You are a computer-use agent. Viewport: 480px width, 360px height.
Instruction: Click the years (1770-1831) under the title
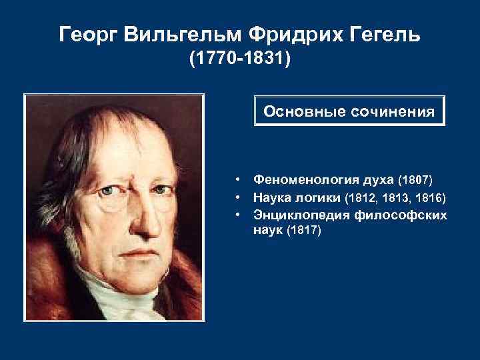[x=240, y=60]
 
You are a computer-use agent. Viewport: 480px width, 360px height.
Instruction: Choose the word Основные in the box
[x=296, y=111]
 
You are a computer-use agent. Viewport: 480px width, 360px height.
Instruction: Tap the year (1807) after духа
[x=415, y=180]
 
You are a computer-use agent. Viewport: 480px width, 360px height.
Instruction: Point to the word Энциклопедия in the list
[x=294, y=215]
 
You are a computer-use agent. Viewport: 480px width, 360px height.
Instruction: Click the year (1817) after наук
[x=304, y=231]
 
